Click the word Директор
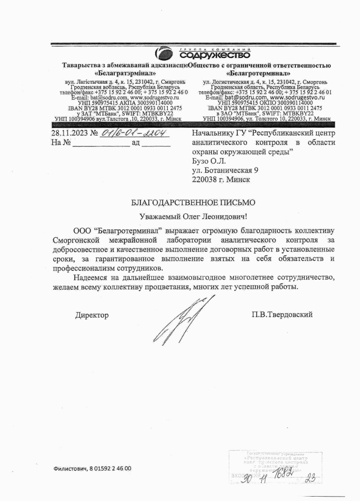tap(91, 315)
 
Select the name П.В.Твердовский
tap(280, 314)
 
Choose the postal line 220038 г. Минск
tap(221, 179)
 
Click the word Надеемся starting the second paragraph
tap(90, 278)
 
